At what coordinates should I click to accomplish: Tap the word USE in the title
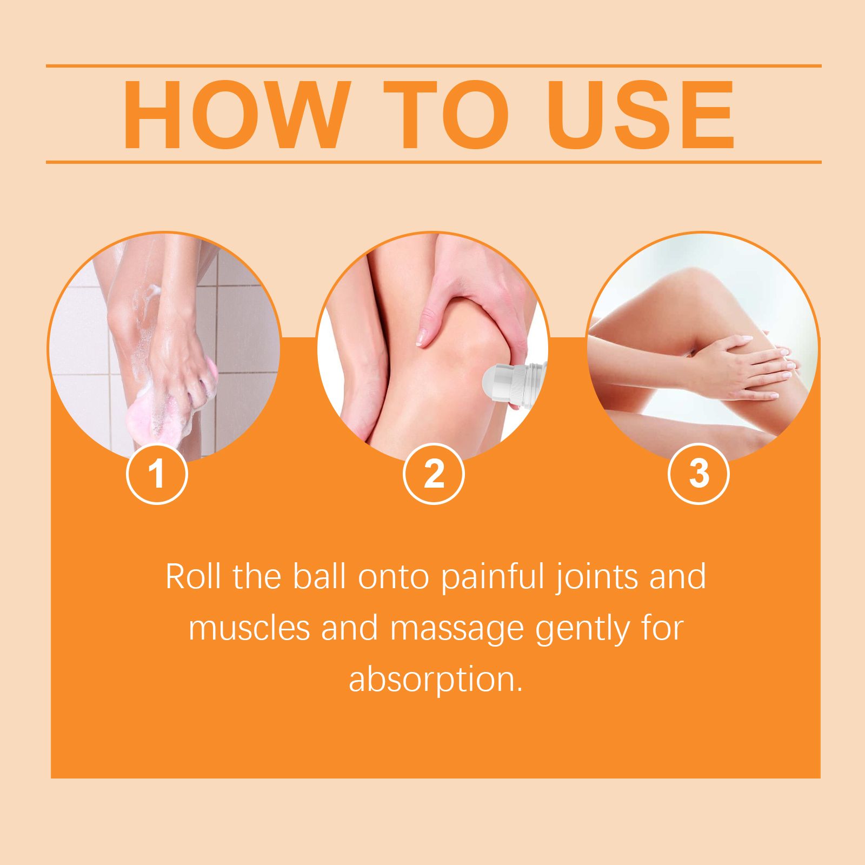click(x=641, y=115)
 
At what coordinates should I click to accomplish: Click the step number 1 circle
click(x=157, y=474)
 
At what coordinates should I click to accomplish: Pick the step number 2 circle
click(x=434, y=474)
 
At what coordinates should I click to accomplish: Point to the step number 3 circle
click(x=698, y=474)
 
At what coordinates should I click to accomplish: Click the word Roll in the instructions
click(x=193, y=577)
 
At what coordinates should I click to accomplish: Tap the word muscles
click(x=249, y=628)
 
